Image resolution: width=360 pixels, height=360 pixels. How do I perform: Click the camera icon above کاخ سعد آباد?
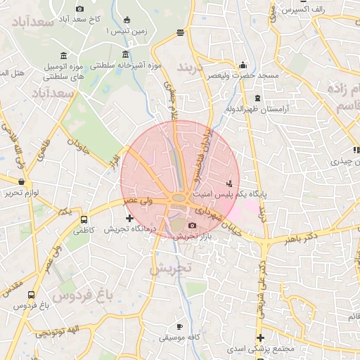click(x=79, y=8)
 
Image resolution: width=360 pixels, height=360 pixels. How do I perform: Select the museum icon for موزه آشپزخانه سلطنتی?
click(x=126, y=55)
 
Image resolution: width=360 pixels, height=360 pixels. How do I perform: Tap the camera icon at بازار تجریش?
click(x=193, y=225)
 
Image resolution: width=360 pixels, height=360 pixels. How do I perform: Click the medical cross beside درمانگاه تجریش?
click(x=128, y=218)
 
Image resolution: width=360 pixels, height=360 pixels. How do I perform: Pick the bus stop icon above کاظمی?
click(x=84, y=219)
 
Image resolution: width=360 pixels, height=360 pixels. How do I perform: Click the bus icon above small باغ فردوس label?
click(x=30, y=295)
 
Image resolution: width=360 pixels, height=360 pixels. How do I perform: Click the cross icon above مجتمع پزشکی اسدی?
click(x=260, y=338)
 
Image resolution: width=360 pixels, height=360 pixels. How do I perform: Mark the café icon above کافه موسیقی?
click(x=179, y=326)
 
